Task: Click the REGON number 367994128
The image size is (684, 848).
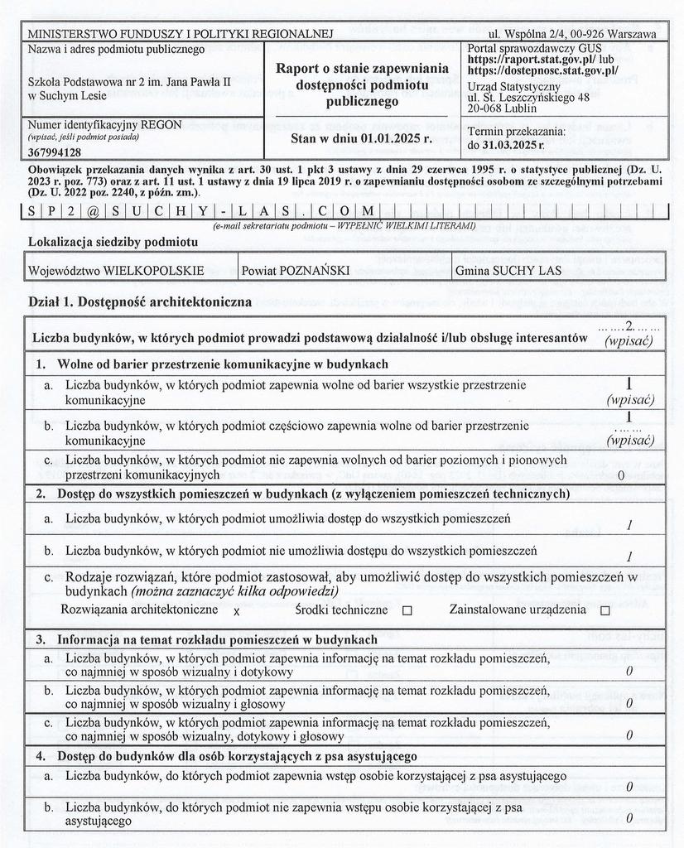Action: coord(55,152)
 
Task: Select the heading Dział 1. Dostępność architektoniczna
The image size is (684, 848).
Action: coord(140,302)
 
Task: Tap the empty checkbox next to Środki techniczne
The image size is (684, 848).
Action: coord(407,610)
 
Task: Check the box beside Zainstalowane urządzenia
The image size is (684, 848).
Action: coord(605,610)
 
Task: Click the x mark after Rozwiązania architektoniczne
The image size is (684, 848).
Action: coord(236,611)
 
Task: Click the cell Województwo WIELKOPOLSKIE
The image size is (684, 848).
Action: coord(116,271)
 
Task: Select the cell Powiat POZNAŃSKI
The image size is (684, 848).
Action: coord(296,271)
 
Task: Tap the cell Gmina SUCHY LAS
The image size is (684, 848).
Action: coord(508,271)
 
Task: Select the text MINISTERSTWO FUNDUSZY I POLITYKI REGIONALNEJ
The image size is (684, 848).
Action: coord(181,34)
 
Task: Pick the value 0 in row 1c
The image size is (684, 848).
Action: coord(621,475)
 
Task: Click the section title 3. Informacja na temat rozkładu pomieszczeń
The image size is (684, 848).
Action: coord(207,639)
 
